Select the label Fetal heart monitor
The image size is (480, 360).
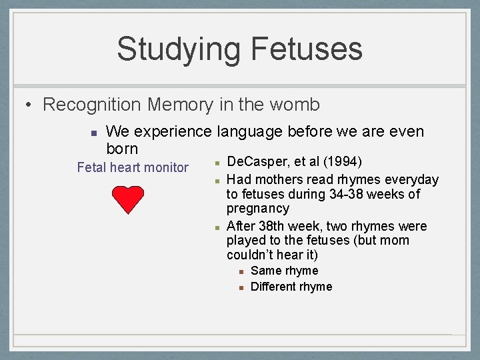pos(133,167)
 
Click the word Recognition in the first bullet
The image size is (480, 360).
pos(92,105)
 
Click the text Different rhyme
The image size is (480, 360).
pos(291,287)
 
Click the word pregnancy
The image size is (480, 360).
pos(257,209)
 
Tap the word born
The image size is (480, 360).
pos(122,148)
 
